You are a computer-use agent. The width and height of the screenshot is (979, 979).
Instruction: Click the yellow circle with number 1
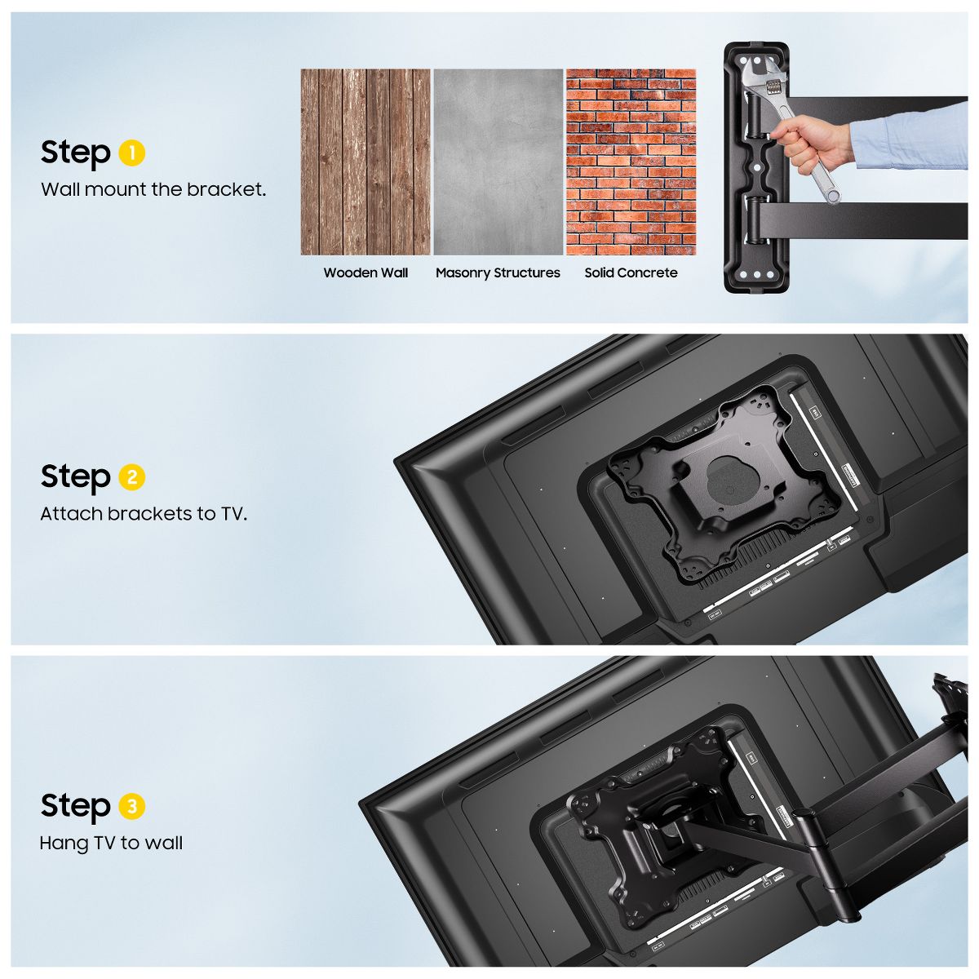pyautogui.click(x=131, y=153)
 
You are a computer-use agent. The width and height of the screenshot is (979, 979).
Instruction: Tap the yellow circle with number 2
pyautogui.click(x=131, y=477)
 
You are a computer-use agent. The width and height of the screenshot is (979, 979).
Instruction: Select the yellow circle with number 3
pyautogui.click(x=131, y=806)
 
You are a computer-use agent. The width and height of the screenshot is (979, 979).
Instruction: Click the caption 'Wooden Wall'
pyautogui.click(x=365, y=272)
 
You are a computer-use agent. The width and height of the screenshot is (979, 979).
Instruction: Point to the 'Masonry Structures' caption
pyautogui.click(x=498, y=273)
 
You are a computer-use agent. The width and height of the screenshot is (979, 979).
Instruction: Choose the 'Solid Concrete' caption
pyautogui.click(x=631, y=272)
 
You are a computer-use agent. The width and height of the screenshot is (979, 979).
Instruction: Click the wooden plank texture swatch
pyautogui.click(x=365, y=162)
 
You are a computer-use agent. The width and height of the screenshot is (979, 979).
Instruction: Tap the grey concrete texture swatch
pyautogui.click(x=498, y=162)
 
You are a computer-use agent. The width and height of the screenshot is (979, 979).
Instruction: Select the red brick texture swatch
pyautogui.click(x=631, y=162)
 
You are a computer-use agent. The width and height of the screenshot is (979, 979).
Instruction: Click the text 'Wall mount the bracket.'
pyautogui.click(x=153, y=189)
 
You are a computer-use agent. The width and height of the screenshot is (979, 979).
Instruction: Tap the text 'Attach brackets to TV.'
pyautogui.click(x=144, y=514)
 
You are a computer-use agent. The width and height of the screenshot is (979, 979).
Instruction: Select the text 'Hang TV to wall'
pyautogui.click(x=111, y=844)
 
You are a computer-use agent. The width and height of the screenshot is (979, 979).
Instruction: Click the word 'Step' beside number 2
pyautogui.click(x=75, y=478)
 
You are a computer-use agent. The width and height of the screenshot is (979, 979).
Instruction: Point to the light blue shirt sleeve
pyautogui.click(x=910, y=136)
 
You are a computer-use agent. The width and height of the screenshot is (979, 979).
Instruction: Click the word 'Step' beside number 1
pyautogui.click(x=75, y=153)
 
